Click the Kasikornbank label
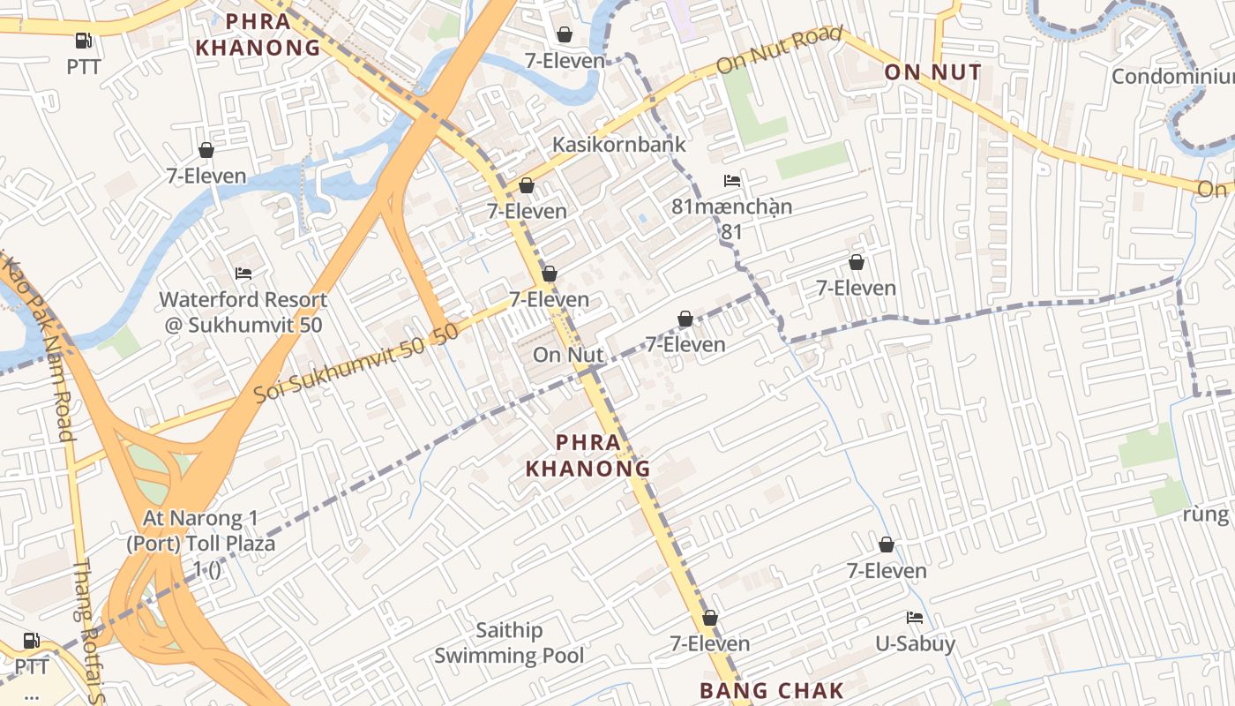pos(618,144)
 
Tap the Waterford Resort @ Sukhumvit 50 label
pos(243,312)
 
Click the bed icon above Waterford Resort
pos(243,274)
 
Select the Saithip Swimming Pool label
pos(509,643)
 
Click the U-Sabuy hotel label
pos(915,644)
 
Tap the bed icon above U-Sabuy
pos(915,618)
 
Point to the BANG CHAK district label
pos(772,691)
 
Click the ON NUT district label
pos(932,72)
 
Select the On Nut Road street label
pos(779,51)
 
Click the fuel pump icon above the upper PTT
pos(83,40)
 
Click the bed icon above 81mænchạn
pos(731,181)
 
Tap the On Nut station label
pos(568,355)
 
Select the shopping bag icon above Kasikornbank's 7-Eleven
pos(564,34)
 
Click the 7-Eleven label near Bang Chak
pos(709,643)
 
